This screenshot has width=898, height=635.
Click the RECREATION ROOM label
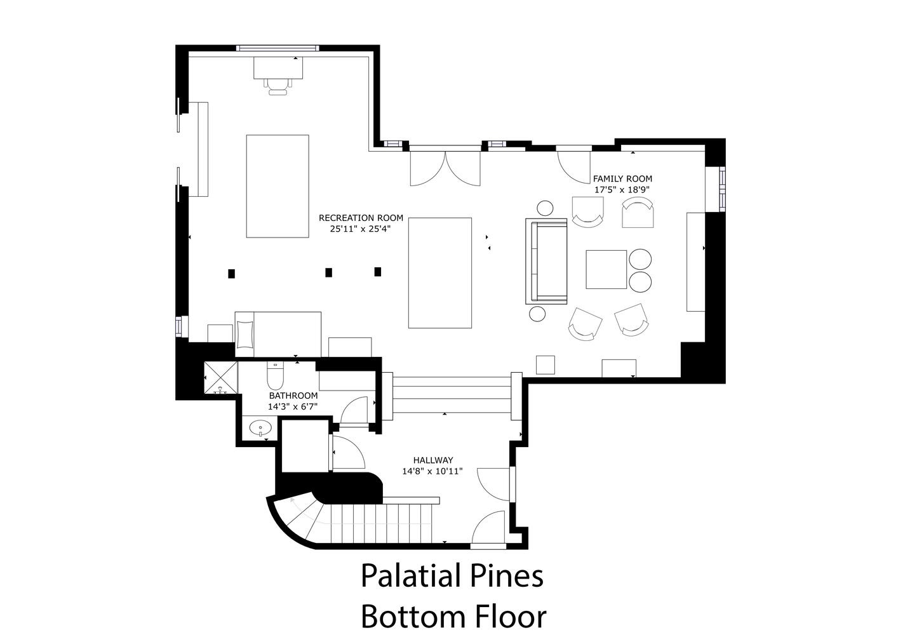[361, 218]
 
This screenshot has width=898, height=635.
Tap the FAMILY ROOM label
[622, 179]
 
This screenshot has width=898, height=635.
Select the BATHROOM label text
[293, 396]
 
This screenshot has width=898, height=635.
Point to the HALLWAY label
[433, 460]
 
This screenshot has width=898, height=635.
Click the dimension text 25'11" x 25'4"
[360, 229]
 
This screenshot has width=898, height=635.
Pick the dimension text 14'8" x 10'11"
[432, 471]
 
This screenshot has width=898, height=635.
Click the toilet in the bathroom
[275, 376]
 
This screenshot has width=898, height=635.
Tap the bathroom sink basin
[260, 428]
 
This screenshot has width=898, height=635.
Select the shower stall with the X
[220, 378]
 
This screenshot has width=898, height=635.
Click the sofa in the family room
[546, 262]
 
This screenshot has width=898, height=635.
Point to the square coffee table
[606, 269]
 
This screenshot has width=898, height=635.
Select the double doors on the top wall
[445, 168]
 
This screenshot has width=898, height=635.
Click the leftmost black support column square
[231, 274]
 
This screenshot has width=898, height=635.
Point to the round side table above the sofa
[545, 208]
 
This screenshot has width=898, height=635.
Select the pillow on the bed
[245, 335]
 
